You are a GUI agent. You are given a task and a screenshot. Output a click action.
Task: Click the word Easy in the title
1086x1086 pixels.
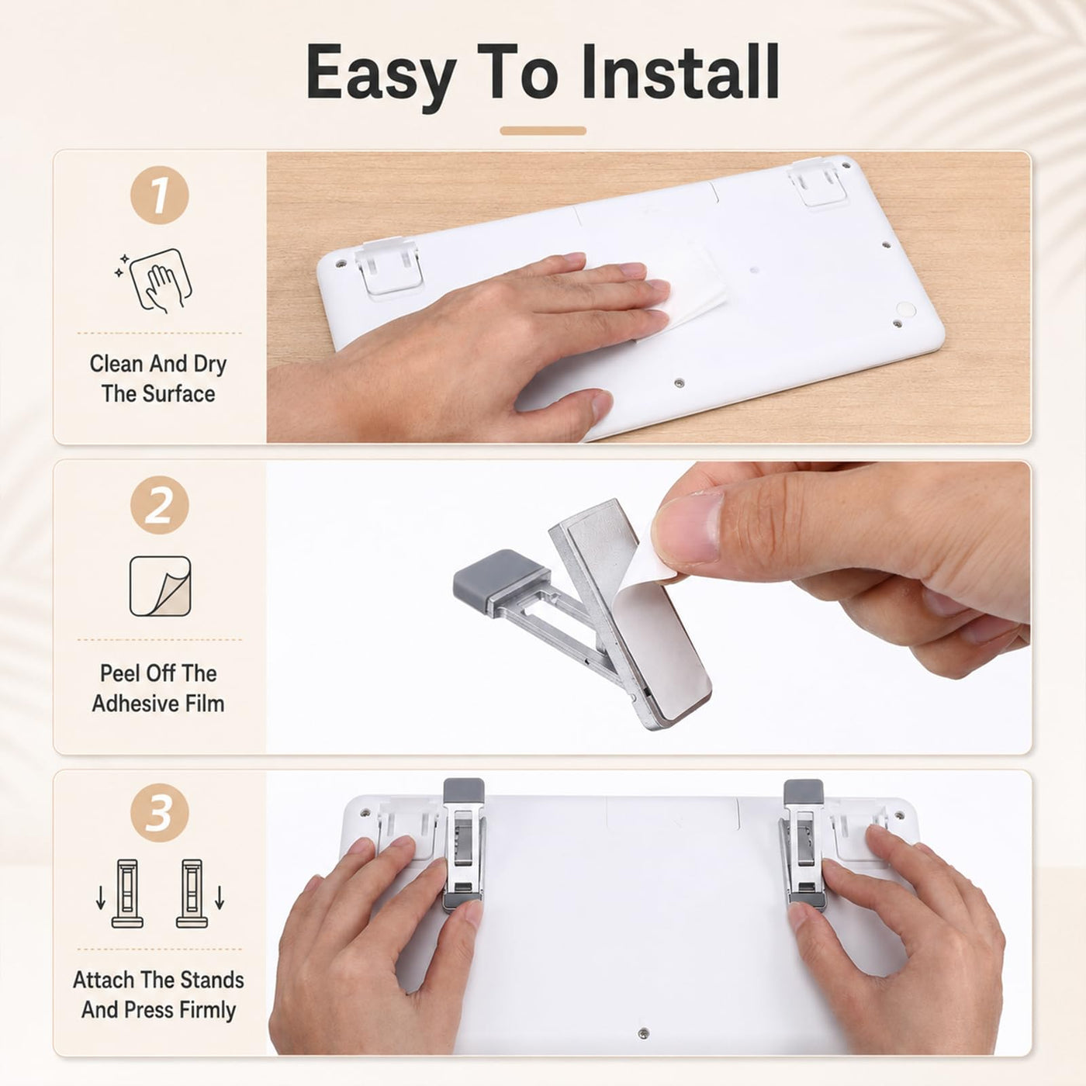click(381, 78)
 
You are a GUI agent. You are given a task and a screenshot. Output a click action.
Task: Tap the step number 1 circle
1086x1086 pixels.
click(160, 195)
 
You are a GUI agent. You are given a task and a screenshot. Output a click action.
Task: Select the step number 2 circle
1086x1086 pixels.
click(160, 505)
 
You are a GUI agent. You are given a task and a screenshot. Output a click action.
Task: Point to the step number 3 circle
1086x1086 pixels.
click(160, 813)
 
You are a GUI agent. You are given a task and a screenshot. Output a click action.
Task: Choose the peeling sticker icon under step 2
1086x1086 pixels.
click(160, 586)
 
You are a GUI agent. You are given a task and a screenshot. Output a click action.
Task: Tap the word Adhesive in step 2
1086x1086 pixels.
click(126, 704)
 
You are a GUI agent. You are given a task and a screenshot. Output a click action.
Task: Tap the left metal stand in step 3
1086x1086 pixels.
click(463, 846)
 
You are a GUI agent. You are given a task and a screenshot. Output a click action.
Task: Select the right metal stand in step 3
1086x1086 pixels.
click(803, 846)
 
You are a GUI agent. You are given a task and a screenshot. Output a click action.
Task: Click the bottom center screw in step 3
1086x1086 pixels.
click(644, 1033)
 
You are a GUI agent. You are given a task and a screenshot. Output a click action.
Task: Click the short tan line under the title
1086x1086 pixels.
click(543, 131)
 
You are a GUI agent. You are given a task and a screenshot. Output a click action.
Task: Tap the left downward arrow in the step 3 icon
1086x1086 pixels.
click(100, 898)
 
